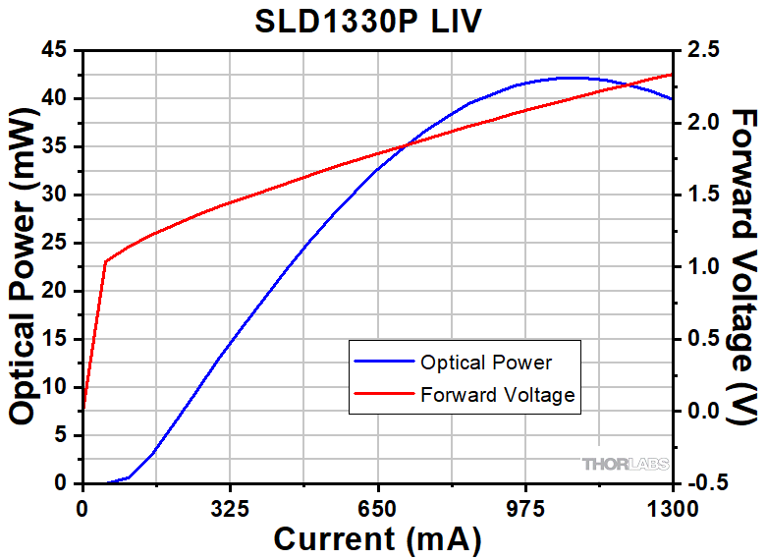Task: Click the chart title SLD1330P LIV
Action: click(374, 22)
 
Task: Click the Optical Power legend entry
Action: click(485, 363)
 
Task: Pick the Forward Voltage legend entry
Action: click(497, 395)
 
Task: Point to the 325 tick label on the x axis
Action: click(230, 509)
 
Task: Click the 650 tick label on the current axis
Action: click(377, 509)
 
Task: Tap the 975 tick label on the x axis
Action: click(524, 509)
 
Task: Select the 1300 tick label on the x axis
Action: click(672, 509)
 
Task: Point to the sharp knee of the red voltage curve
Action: click(104, 261)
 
